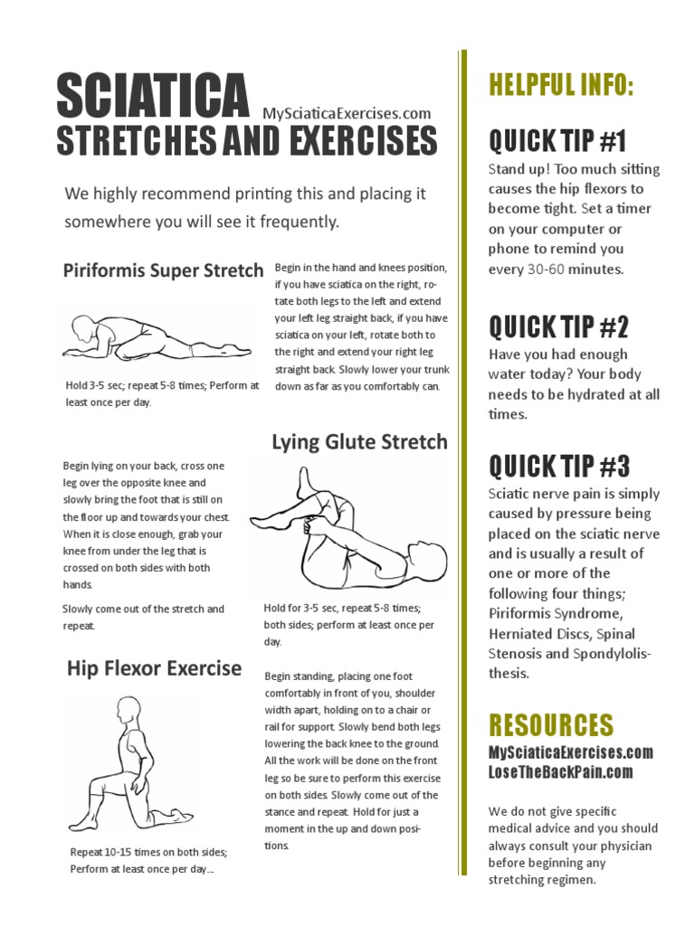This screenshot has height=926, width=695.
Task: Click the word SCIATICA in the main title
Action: point(152,97)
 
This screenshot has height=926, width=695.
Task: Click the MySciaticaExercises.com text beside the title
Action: point(347,113)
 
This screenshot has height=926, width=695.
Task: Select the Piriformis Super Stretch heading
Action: point(163,270)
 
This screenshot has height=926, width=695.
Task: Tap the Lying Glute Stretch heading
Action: point(359,441)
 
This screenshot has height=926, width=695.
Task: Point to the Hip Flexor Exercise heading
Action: point(154,669)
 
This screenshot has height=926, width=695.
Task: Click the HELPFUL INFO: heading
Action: point(561,86)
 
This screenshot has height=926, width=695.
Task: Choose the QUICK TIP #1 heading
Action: point(557,141)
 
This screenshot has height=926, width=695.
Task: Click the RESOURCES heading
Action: point(551,724)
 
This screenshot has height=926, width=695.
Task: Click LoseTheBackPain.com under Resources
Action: point(560,771)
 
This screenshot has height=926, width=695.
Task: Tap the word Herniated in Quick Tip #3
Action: point(519,633)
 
